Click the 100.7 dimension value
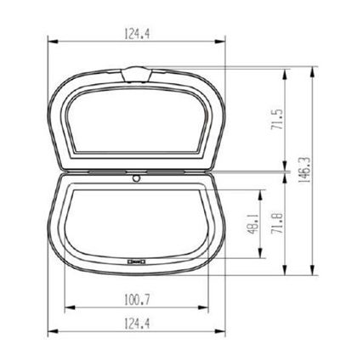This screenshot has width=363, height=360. [137, 300]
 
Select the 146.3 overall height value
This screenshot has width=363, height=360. [304, 170]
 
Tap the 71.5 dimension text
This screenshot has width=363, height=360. [277, 120]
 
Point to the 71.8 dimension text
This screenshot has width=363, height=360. [277, 223]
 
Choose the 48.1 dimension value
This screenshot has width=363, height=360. [253, 224]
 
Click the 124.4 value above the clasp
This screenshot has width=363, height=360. [137, 34]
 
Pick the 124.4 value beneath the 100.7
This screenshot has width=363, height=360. [137, 323]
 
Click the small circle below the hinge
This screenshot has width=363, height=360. [137, 178]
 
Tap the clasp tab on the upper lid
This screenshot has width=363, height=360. [136, 74]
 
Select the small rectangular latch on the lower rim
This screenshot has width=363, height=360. [136, 262]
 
